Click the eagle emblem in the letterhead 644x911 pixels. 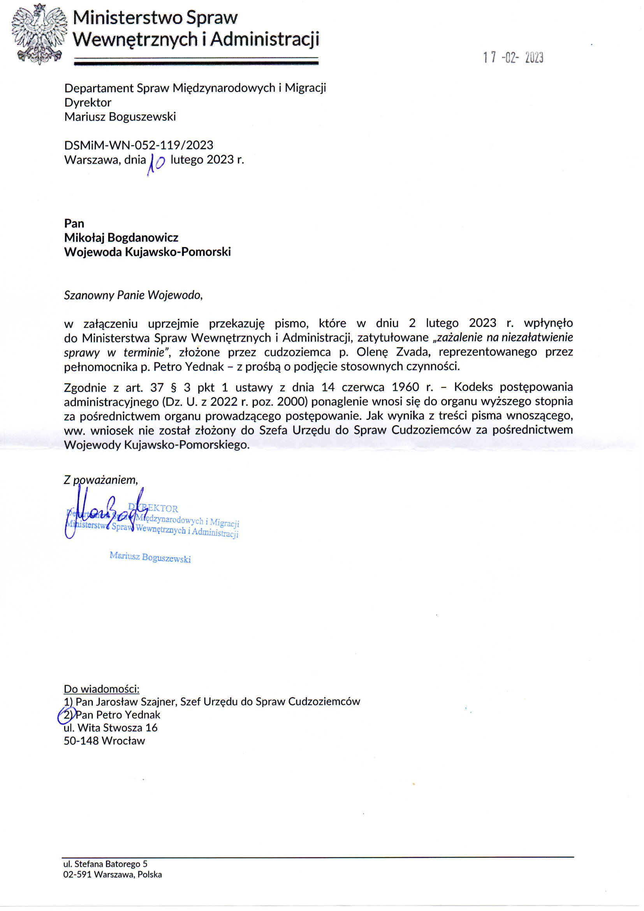coord(39,34)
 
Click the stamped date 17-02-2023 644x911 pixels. coord(513,58)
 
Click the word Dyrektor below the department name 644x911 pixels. coord(88,102)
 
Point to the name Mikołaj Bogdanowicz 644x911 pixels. coord(121,237)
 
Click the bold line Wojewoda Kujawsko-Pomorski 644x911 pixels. coord(148,252)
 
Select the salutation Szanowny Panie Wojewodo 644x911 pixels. coord(133,296)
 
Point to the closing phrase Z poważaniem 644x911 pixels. coord(101,480)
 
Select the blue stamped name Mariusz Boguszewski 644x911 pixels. coord(150,558)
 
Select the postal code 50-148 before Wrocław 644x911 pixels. coord(81,741)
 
